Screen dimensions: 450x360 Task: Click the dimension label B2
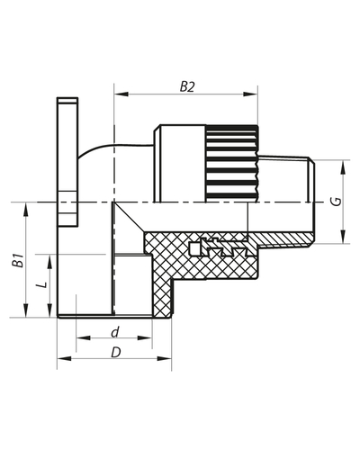[x=187, y=86]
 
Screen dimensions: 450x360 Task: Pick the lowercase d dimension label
[x=114, y=333]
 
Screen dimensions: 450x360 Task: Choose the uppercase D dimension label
[x=114, y=353]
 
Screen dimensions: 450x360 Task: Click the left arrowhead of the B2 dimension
[x=118, y=93]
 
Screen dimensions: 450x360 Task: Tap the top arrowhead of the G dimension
[x=345, y=164]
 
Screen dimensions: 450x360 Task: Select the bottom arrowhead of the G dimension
[x=345, y=239]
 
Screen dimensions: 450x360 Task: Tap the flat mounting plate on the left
[x=66, y=162]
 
